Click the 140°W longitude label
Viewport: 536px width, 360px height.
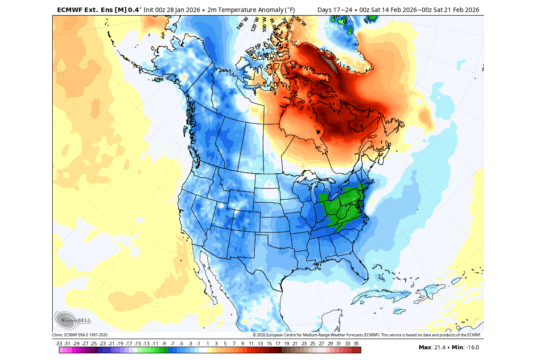242,23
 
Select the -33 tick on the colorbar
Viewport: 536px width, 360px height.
58,344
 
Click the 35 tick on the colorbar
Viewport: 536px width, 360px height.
356,344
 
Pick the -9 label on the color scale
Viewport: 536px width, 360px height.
164,344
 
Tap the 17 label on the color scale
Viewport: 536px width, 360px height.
277,344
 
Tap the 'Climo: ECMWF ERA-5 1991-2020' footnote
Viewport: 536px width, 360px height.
80,335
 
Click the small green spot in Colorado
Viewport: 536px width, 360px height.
244,229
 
